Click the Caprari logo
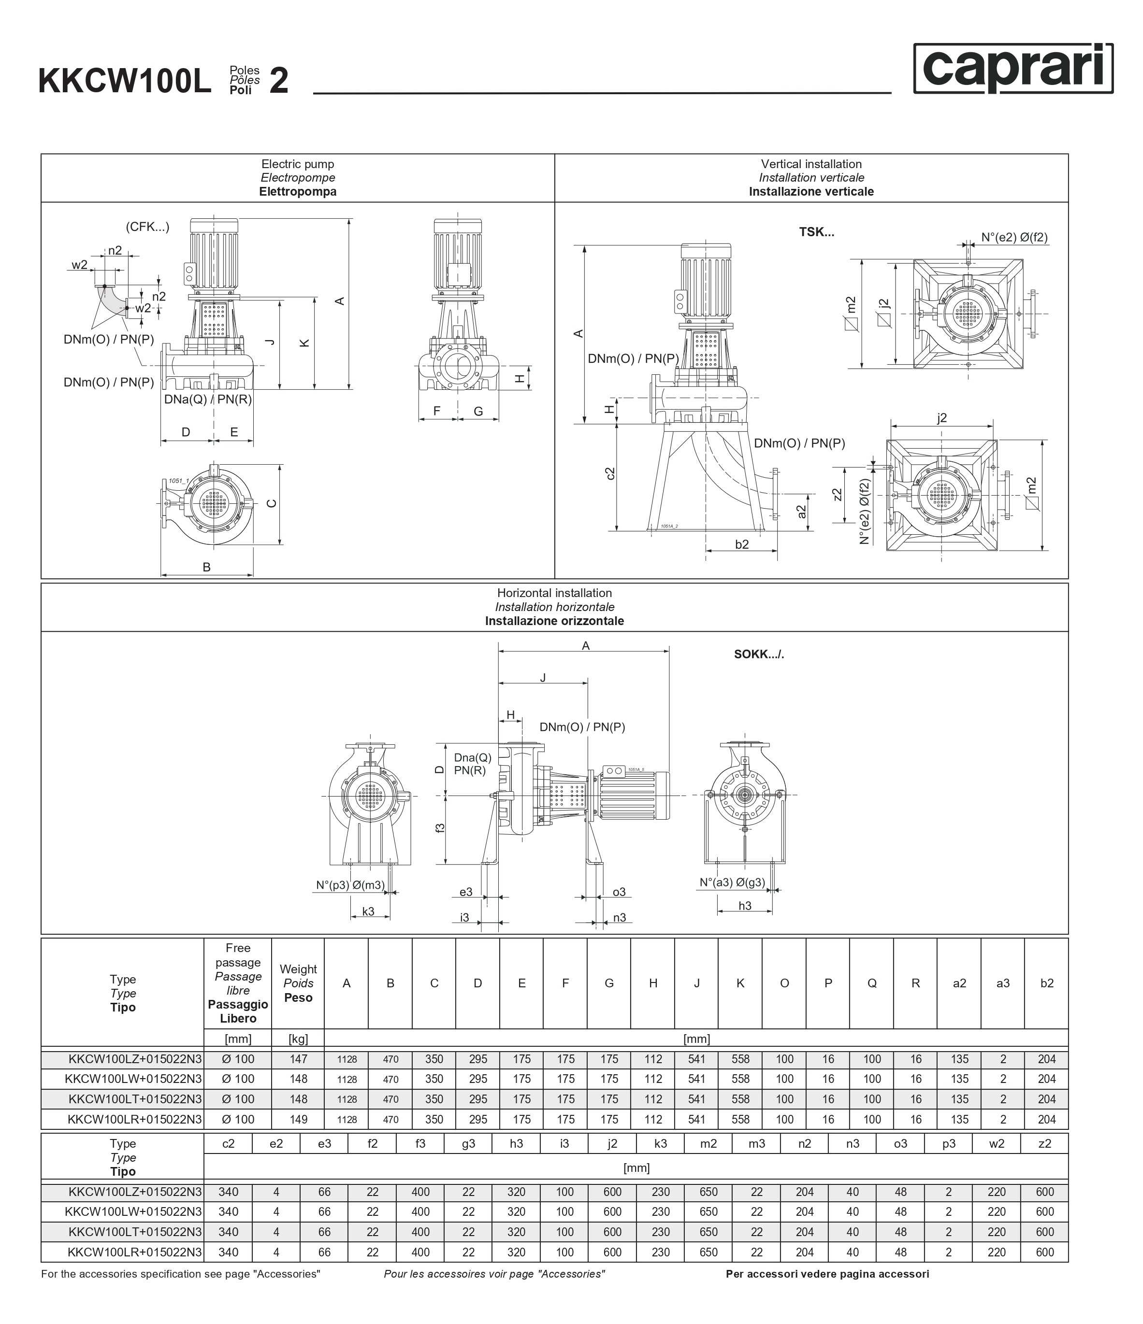[x=1013, y=69]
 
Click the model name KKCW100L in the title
[x=125, y=82]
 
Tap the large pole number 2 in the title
[x=279, y=82]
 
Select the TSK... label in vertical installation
[x=816, y=232]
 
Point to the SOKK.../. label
[x=759, y=655]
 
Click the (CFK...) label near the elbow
[x=148, y=227]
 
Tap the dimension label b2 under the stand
[x=741, y=544]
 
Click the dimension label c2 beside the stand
[x=610, y=473]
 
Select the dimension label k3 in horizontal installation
[x=368, y=911]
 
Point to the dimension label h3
[x=745, y=906]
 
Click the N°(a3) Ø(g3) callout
[x=732, y=883]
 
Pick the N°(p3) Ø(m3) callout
[x=350, y=885]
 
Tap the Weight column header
[x=298, y=983]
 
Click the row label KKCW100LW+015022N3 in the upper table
[x=133, y=1079]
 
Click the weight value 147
[x=298, y=1059]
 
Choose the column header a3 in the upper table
[x=1002, y=983]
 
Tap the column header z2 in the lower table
[x=1044, y=1143]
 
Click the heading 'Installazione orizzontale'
[x=554, y=621]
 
